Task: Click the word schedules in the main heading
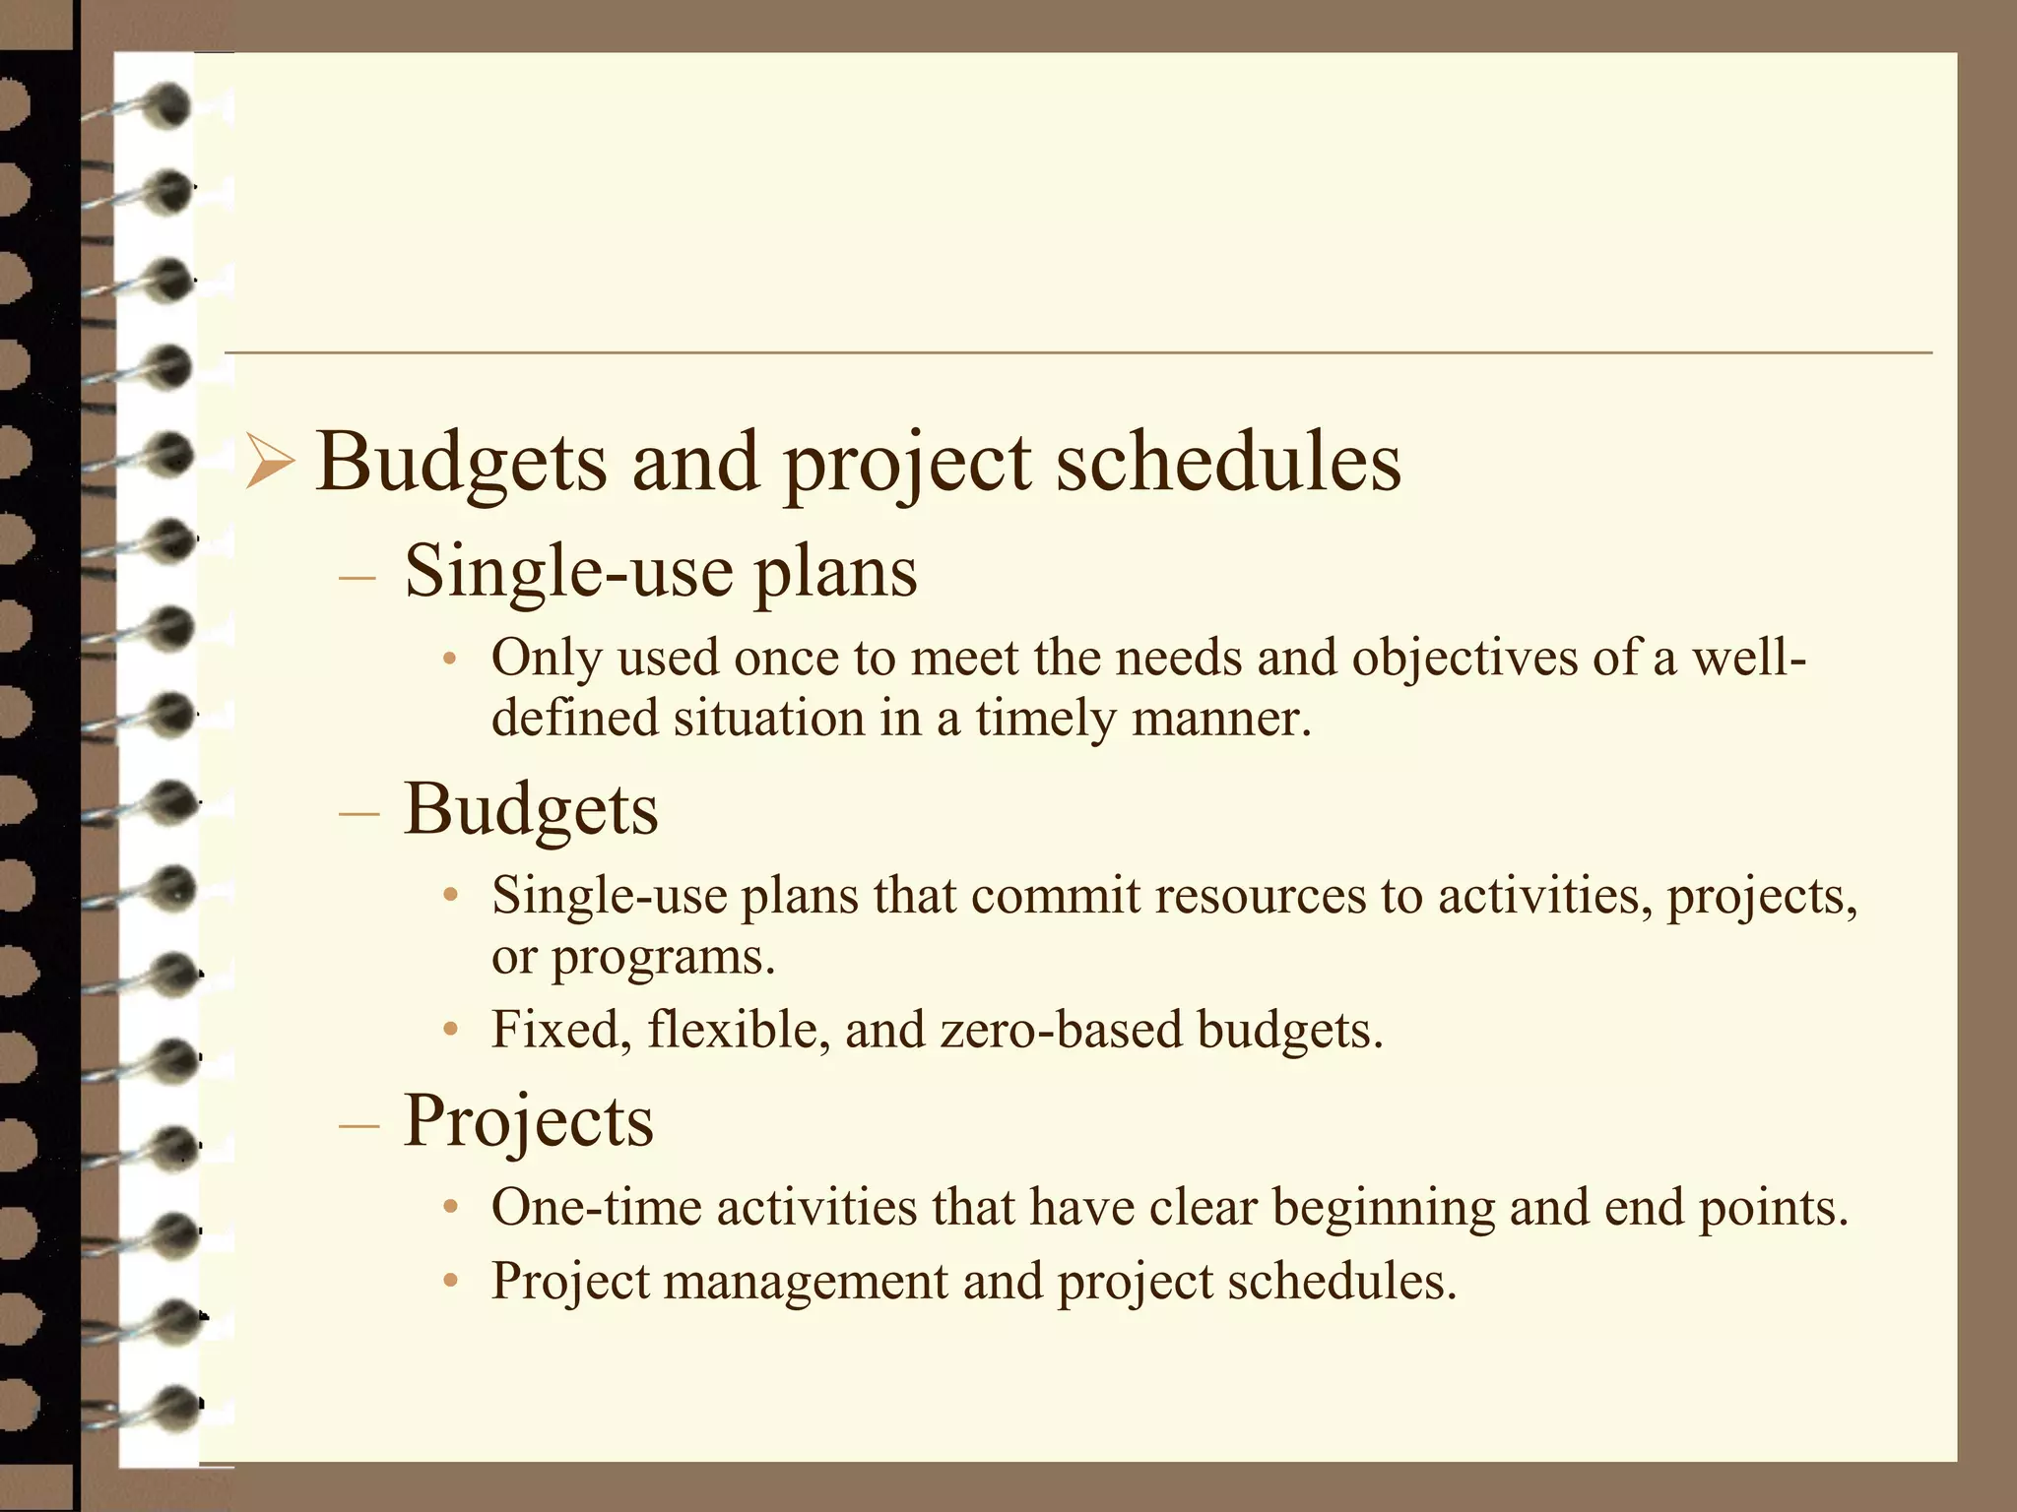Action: click(x=1228, y=463)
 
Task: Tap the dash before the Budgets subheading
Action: click(x=357, y=814)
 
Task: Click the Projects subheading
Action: click(x=528, y=1121)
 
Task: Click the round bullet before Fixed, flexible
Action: click(x=450, y=1031)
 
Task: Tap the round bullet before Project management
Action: click(x=450, y=1282)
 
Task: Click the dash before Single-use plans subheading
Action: click(x=357, y=577)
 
